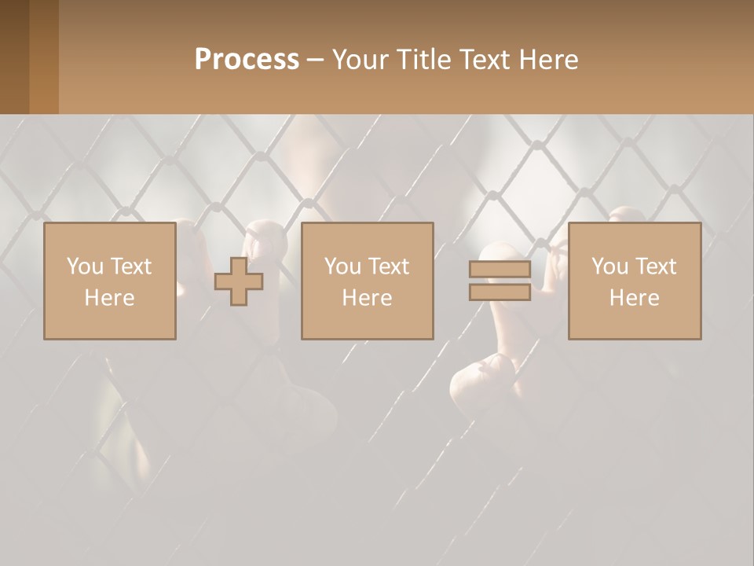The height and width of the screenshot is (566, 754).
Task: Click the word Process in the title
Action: [247, 60]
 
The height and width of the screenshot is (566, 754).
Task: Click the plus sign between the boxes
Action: [239, 281]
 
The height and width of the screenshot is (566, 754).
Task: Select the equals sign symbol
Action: [500, 281]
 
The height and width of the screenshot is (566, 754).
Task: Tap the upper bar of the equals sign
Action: [500, 270]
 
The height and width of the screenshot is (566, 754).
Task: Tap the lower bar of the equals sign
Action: [500, 292]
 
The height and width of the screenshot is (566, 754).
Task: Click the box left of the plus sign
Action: [109, 281]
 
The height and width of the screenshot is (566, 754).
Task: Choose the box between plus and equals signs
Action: [367, 281]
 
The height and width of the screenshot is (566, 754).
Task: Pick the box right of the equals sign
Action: [634, 281]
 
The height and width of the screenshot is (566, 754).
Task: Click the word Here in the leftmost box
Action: [109, 298]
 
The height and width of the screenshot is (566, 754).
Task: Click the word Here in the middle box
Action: [367, 298]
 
